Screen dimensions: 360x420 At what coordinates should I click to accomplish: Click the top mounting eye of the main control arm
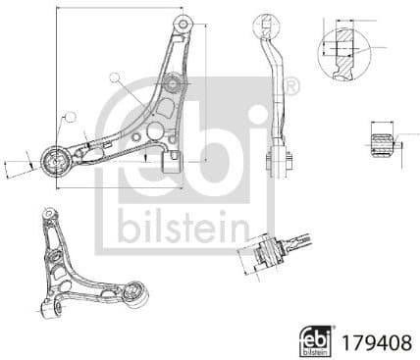coord(182,22)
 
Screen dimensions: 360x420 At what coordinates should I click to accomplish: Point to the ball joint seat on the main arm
coord(171,83)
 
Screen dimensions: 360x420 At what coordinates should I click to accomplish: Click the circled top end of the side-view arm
coord(264,24)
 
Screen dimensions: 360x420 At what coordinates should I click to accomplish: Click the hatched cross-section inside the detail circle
coord(342,46)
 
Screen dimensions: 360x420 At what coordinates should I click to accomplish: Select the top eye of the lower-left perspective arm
coord(48,214)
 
